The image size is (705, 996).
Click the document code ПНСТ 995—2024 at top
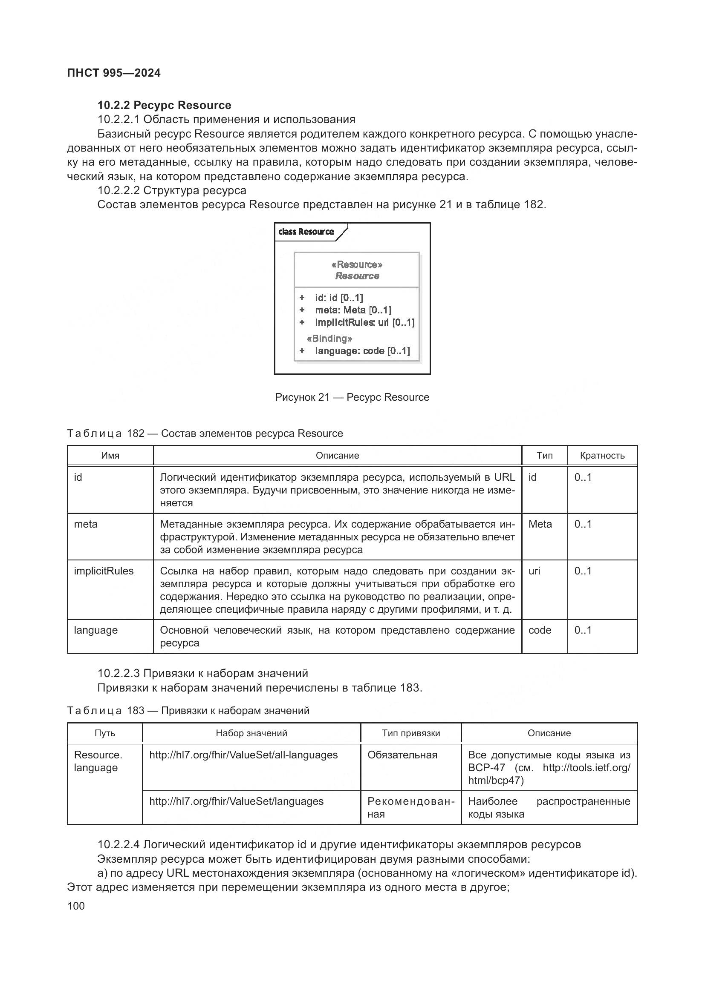click(x=114, y=73)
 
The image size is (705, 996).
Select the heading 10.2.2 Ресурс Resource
click(x=164, y=106)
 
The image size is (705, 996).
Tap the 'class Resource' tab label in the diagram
click(x=306, y=232)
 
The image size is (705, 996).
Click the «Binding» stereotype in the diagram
click(x=329, y=339)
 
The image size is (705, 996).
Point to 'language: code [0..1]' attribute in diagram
click(x=362, y=351)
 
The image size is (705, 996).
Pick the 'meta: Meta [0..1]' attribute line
click(x=353, y=310)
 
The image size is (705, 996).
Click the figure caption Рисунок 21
click(x=352, y=397)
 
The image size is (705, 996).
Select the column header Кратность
click(x=602, y=456)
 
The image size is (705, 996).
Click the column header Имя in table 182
click(x=110, y=456)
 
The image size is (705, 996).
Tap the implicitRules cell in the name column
click(x=104, y=571)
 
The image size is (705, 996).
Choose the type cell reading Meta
click(x=540, y=525)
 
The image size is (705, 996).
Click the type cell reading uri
click(x=535, y=571)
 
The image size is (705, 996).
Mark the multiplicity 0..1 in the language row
click(x=583, y=630)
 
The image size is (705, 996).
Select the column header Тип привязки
click(x=410, y=733)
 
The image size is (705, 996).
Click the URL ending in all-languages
click(x=243, y=755)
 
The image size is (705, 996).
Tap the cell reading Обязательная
click(x=402, y=755)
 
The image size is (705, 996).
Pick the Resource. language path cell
click(x=98, y=761)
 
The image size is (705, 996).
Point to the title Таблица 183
click(x=188, y=711)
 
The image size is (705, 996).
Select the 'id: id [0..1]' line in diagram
click(x=338, y=298)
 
